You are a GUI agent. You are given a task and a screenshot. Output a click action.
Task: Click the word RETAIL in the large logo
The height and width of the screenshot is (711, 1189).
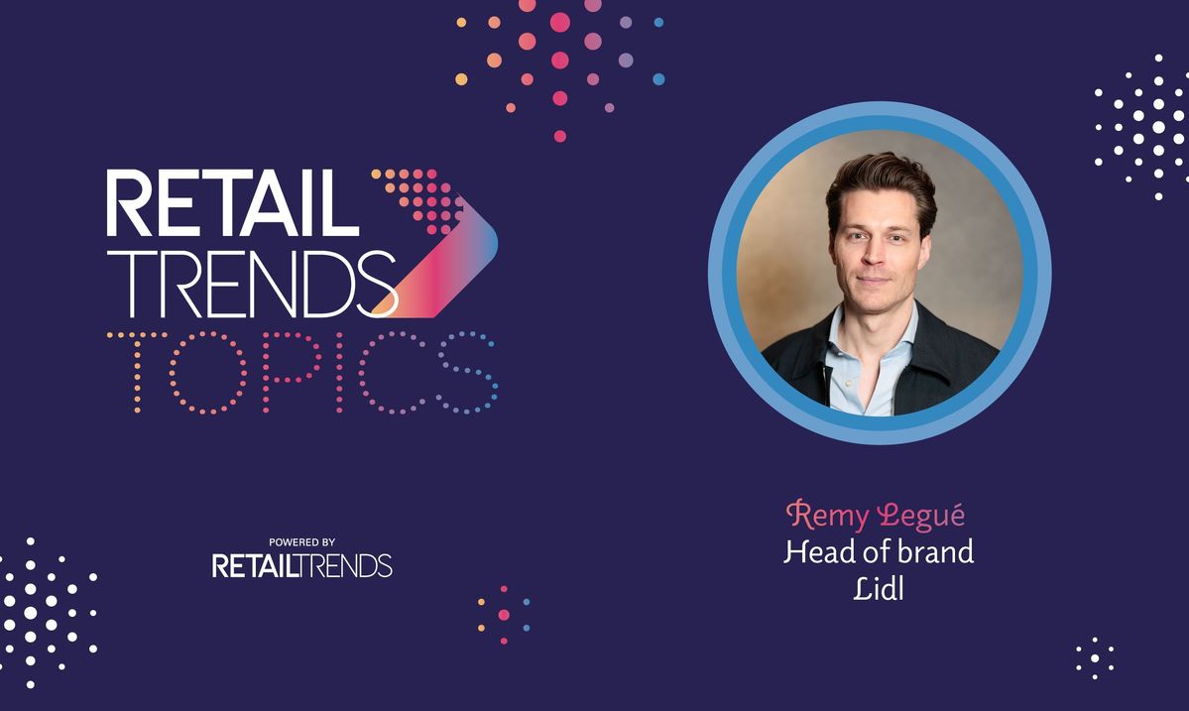pyautogui.click(x=232, y=203)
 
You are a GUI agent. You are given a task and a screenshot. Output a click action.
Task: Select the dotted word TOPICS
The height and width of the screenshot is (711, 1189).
pyautogui.click(x=301, y=372)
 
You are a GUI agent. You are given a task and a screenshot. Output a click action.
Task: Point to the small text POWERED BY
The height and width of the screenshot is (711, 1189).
pyautogui.click(x=301, y=542)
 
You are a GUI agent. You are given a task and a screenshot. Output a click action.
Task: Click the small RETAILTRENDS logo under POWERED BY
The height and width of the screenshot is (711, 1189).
pyautogui.click(x=301, y=566)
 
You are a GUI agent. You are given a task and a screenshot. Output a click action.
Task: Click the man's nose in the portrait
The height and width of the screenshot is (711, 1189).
pyautogui.click(x=873, y=256)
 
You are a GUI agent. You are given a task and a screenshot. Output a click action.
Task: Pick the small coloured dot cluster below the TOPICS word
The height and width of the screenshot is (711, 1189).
pyautogui.click(x=504, y=615)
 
